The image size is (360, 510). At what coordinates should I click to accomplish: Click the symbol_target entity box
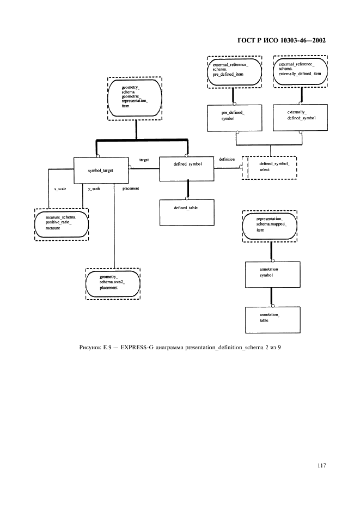(101, 171)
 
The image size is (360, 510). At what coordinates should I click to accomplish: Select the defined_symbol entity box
(187, 169)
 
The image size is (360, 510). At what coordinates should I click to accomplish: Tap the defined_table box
(187, 212)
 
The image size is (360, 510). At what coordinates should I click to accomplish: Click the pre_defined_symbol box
(235, 118)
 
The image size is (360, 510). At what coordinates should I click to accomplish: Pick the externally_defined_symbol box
(300, 118)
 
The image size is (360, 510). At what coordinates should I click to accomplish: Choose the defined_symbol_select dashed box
(269, 167)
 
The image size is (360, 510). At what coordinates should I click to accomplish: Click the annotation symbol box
(272, 275)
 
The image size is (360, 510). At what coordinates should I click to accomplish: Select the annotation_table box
(272, 320)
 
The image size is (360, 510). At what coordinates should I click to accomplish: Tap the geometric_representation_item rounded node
(135, 99)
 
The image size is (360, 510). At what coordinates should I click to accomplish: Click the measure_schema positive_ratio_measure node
(62, 224)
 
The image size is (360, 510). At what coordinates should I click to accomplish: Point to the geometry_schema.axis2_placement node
(113, 284)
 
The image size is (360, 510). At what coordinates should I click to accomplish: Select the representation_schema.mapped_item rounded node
(270, 226)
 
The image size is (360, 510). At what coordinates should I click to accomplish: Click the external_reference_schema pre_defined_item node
(235, 71)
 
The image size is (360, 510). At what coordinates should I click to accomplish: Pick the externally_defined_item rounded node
(300, 71)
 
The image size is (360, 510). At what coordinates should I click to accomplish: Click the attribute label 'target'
(144, 160)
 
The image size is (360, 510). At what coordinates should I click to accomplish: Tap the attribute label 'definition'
(227, 159)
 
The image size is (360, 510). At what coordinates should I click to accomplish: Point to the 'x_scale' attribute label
(60, 189)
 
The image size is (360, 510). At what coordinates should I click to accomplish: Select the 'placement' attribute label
(131, 189)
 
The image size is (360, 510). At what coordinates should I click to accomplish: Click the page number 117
(321, 465)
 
